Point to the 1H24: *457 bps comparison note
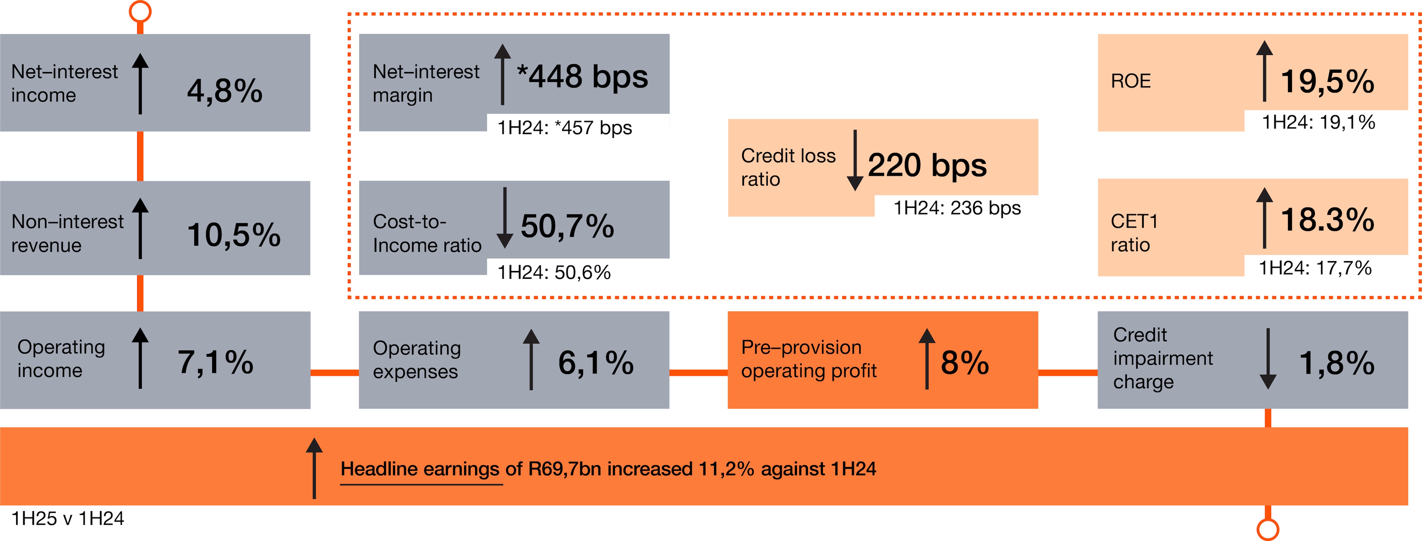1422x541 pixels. coord(564,128)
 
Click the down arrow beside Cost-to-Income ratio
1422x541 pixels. coord(505,218)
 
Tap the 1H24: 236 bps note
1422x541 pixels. coord(957,208)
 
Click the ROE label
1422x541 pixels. coord(1130,81)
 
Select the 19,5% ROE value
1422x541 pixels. coord(1327,82)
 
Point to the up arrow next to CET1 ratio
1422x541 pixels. coord(1264,218)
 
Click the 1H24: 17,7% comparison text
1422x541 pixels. coord(1315,268)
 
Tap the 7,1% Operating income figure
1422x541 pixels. coord(215,363)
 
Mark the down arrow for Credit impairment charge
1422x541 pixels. coord(1268,359)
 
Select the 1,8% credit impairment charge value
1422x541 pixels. coord(1336,363)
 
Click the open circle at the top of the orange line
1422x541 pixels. coord(140,11)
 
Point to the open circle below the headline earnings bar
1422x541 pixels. coord(1268,529)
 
